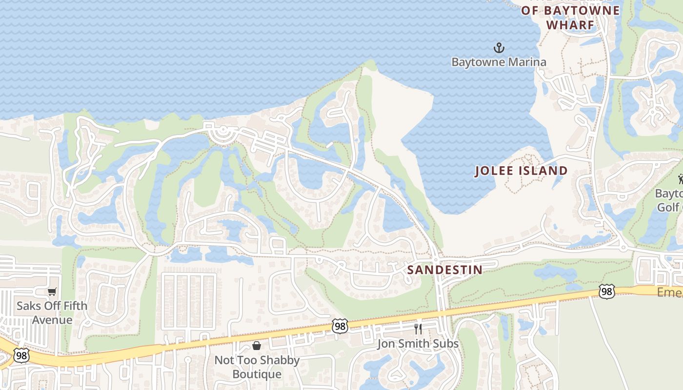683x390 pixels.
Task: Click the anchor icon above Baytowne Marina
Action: [499, 48]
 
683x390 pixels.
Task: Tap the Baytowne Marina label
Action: [499, 62]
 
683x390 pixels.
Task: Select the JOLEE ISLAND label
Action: [522, 171]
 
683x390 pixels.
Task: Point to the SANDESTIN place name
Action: [444, 270]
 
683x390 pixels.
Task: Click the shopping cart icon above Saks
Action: [52, 292]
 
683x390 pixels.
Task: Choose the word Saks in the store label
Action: [28, 306]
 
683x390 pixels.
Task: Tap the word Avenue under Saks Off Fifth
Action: [52, 320]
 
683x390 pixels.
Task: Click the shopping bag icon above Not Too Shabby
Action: [257, 346]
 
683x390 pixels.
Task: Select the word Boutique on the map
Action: [257, 374]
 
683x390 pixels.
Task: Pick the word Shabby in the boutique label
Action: [280, 360]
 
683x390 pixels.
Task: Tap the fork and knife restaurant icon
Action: [418, 329]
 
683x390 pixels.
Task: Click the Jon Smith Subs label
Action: [418, 344]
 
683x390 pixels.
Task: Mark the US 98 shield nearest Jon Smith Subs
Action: [340, 326]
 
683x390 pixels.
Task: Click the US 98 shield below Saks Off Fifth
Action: [21, 355]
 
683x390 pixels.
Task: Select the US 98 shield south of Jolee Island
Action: [606, 292]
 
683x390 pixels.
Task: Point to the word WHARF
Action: [570, 25]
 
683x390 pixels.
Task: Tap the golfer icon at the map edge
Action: [680, 179]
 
